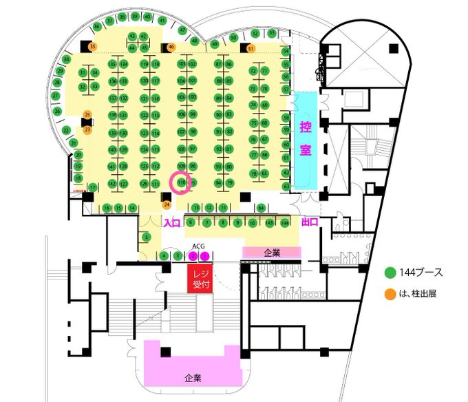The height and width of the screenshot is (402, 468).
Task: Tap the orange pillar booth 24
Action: point(167,204)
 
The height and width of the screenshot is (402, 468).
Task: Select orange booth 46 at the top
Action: point(171,47)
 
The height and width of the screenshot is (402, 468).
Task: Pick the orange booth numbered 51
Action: point(251,48)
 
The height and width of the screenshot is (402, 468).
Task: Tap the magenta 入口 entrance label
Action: point(171,222)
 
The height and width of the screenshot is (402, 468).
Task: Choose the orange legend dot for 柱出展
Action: point(390,294)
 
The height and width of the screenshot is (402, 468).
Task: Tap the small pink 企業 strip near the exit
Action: point(272,253)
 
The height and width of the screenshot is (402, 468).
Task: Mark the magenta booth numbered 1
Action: point(204,256)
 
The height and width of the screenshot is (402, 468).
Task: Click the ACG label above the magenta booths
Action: point(198,246)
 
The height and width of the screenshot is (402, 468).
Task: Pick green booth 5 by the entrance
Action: point(147,237)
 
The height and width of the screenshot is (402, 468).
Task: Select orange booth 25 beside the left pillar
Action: point(87,114)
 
